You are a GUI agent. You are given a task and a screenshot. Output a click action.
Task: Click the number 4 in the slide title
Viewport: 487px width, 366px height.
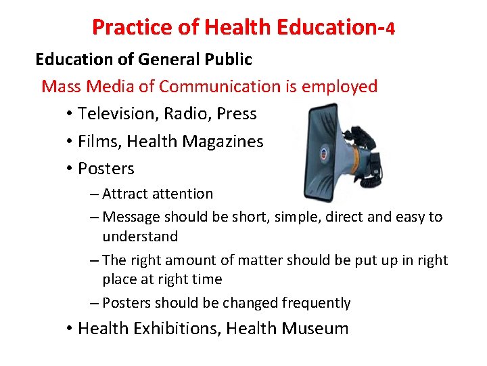coord(390,28)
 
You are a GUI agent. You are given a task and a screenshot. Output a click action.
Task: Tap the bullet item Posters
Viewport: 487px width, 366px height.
coord(106,168)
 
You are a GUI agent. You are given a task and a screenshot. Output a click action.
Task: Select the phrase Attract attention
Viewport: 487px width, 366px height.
coord(158,194)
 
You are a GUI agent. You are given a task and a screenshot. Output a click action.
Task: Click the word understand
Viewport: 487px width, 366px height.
coord(140,237)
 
